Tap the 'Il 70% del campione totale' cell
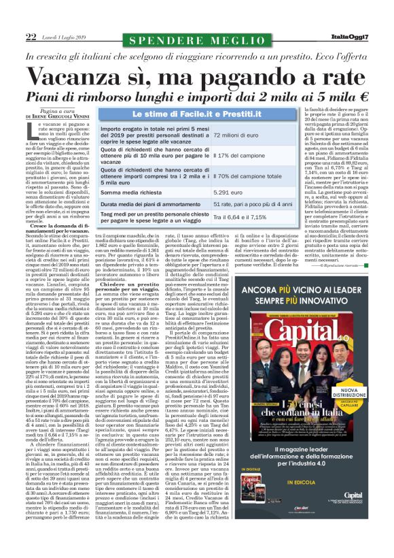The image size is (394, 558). pyautogui.click(x=247, y=177)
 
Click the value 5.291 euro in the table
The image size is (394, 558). pyautogui.click(x=228, y=193)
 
